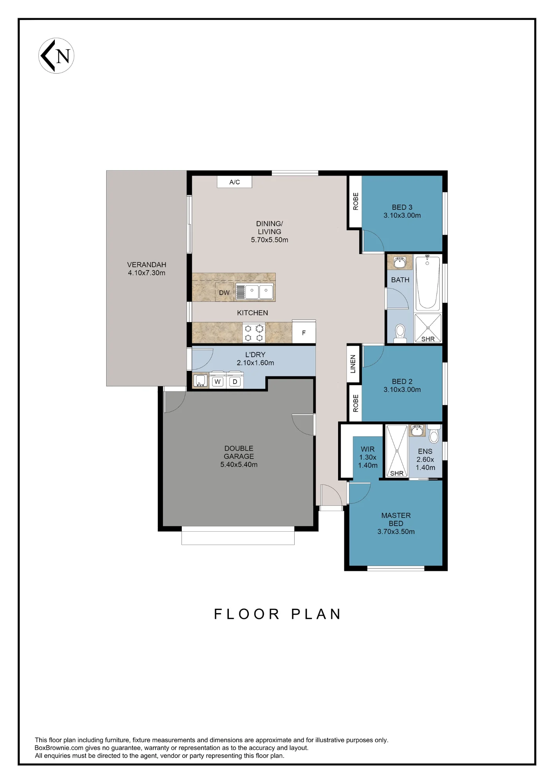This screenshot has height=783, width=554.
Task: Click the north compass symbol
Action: point(56,56)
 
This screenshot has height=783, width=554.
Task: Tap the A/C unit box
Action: point(235,182)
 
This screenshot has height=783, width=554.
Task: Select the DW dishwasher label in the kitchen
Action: point(224,293)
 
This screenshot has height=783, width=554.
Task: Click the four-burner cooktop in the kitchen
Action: point(254,333)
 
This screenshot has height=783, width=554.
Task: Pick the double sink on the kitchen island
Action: point(254,292)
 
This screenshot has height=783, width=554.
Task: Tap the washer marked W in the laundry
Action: point(217,381)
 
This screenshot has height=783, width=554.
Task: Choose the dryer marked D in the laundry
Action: point(235,381)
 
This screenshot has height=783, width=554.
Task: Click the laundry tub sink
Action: point(201,381)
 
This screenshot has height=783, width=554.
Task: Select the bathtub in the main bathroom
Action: point(427,283)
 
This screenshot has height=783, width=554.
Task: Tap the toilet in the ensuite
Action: point(434,433)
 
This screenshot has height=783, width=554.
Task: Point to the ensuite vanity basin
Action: point(417,431)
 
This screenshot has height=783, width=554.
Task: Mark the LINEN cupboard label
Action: point(353,364)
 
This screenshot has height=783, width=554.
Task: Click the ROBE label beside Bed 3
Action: point(356,201)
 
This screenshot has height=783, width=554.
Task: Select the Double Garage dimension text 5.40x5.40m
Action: point(239,465)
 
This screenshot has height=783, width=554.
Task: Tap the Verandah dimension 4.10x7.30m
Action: point(147,273)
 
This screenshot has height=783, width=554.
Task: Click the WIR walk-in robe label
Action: point(368,449)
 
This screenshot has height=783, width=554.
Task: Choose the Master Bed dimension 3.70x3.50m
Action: point(396,532)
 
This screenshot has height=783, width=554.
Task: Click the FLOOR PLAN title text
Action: point(277,614)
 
